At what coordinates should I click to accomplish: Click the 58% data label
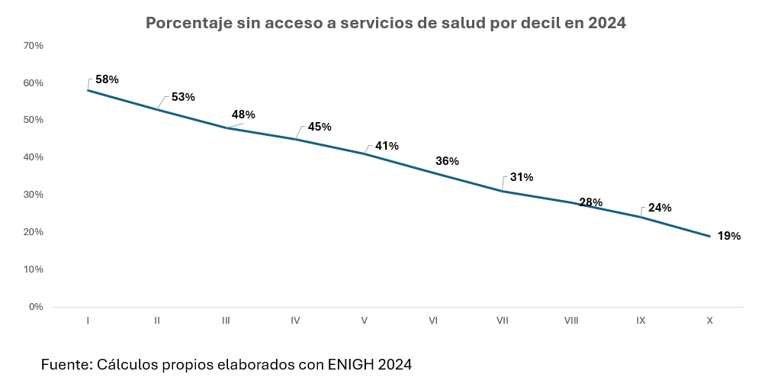point(107,79)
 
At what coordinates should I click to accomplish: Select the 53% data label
point(183,97)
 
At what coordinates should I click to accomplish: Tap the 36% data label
point(447,161)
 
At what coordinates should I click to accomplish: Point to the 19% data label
point(729,236)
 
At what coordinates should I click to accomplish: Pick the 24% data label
point(660,208)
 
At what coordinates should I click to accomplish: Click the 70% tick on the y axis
point(34,46)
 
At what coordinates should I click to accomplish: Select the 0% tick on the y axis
point(36,307)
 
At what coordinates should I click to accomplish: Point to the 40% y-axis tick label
point(34,157)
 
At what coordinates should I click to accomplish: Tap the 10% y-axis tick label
point(34,270)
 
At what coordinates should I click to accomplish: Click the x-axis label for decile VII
point(502,321)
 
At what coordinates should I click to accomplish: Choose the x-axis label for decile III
point(226,321)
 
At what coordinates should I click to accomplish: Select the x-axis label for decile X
point(709,321)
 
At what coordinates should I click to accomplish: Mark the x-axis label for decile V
point(364,321)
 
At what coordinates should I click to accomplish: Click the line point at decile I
point(88,91)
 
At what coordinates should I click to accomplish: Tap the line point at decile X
point(709,236)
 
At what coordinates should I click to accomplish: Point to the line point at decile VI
point(433,173)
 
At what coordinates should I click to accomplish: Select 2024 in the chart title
point(607,24)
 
